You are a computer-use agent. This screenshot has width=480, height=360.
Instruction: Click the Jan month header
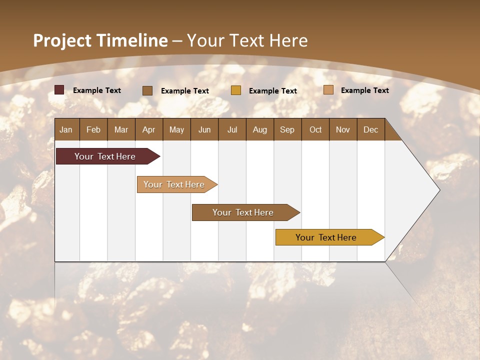click(66, 129)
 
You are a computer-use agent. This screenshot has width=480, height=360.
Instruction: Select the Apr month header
click(148, 129)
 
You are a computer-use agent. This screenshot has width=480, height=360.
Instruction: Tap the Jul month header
click(232, 129)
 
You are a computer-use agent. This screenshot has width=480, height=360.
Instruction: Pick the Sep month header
click(287, 129)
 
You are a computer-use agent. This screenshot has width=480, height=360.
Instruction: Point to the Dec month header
click(370, 129)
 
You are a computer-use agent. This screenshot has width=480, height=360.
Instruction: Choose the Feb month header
click(93, 129)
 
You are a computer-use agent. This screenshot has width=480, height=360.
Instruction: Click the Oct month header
click(315, 129)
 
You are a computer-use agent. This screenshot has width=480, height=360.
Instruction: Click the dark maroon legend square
click(59, 90)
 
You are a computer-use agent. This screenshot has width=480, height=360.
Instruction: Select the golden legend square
click(236, 90)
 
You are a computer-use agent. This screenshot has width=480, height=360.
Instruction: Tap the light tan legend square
click(328, 90)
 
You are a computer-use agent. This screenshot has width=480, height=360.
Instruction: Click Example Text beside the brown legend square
click(185, 91)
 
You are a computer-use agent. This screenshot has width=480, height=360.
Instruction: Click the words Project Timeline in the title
click(100, 40)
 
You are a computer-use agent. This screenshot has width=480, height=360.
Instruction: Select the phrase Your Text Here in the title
click(247, 40)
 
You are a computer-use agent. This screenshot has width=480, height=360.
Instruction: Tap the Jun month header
click(204, 129)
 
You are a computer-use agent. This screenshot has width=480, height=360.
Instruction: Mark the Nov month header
click(343, 129)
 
